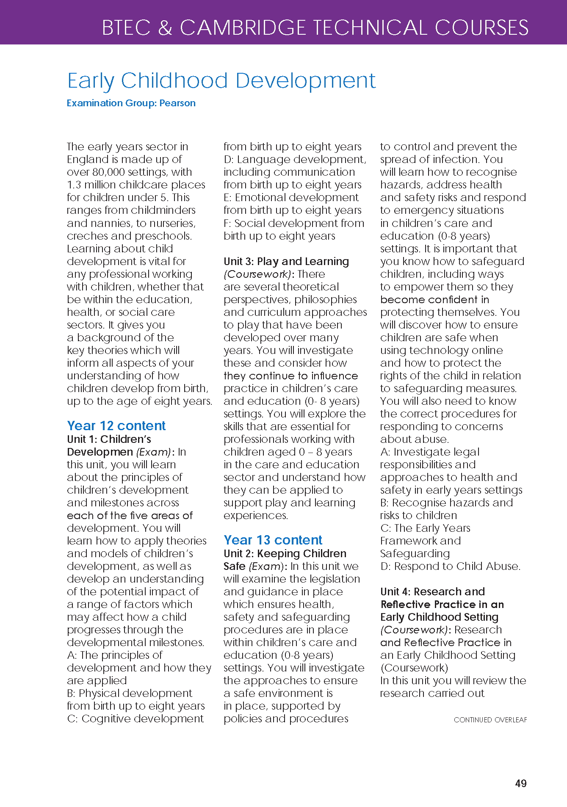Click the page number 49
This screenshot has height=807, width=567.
tap(520, 783)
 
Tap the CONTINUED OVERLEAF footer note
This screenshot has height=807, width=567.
tap(490, 720)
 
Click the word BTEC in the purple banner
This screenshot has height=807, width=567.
tap(126, 28)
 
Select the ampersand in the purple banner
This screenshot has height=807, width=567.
tap(165, 28)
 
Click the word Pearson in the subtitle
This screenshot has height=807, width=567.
tap(177, 103)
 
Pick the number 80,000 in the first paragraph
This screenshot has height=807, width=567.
tap(110, 172)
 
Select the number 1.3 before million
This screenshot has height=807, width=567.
tap(74, 185)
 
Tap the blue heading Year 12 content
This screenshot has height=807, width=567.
tap(116, 426)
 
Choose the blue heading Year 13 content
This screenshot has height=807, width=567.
tap(273, 540)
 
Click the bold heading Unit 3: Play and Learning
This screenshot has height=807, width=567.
tap(286, 262)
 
